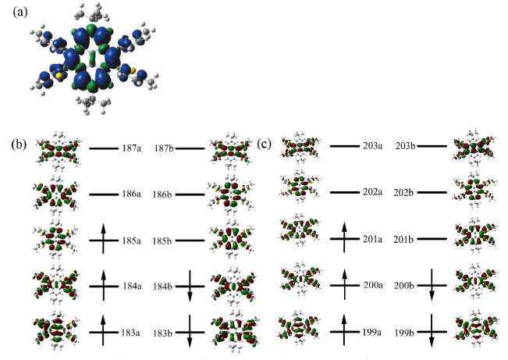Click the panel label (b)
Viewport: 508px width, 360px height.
(20, 144)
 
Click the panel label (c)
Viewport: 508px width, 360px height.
(266, 144)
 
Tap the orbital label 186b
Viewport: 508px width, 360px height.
(164, 194)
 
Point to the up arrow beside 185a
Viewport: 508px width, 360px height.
(101, 237)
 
